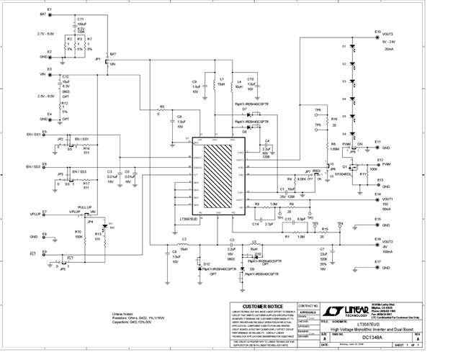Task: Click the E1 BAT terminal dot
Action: [x=49, y=14]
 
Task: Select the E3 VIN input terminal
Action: [x=49, y=74]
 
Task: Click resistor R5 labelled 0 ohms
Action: [x=161, y=110]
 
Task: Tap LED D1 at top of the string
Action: [x=353, y=47]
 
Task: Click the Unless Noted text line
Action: [x=124, y=313]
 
